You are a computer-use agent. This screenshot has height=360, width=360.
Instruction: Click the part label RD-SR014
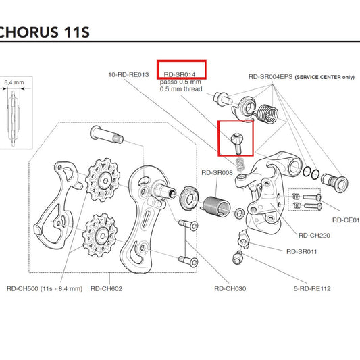coord(181,68)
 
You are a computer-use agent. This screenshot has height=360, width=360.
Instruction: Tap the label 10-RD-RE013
coord(126,74)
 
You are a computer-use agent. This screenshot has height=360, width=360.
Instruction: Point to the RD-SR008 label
coord(217,173)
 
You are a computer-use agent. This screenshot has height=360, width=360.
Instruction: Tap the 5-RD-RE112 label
coord(312,288)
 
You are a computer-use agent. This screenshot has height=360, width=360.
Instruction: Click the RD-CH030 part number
coord(230,288)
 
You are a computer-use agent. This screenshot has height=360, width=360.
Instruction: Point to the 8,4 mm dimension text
coord(15,82)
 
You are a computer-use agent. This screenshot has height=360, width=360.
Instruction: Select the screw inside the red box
coord(236,140)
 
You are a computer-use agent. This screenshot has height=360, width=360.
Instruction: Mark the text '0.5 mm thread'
coord(182,88)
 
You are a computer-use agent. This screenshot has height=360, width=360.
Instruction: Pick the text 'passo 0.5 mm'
coord(180,82)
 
